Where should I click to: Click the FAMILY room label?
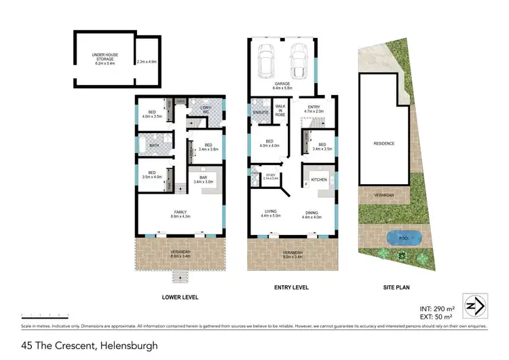(x=180, y=212)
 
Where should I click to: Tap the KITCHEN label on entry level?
(x=319, y=179)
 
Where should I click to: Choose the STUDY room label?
(x=270, y=176)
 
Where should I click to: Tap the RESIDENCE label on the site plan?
(x=383, y=143)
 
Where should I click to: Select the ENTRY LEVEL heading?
(x=291, y=287)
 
